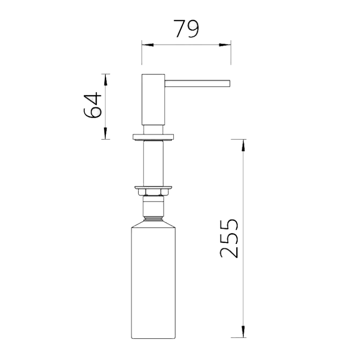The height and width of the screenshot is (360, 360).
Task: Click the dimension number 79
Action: [x=186, y=29]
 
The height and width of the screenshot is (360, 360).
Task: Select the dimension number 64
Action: [x=93, y=105]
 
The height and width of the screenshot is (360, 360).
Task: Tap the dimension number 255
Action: [x=229, y=238]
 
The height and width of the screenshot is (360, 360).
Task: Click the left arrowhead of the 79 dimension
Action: [x=148, y=45]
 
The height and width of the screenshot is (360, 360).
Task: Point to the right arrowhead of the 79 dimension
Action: [x=225, y=45]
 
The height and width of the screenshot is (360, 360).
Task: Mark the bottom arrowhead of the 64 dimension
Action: [x=106, y=133]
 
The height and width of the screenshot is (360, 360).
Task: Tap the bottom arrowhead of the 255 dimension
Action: [x=243, y=332]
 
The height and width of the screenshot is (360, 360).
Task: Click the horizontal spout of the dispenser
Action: [x=197, y=84]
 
